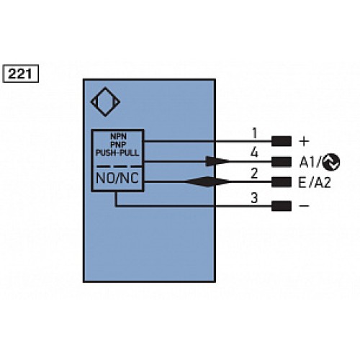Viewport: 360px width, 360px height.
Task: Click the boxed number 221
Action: pos(22,73)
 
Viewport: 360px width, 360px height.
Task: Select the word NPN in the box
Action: pos(117,136)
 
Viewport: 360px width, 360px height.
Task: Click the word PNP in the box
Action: pos(117,145)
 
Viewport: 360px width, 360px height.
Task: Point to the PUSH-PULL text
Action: pos(117,153)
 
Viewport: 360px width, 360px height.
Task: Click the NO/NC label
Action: pos(117,178)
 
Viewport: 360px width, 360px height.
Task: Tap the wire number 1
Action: pos(254,132)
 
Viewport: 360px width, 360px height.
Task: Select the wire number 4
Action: pos(254,153)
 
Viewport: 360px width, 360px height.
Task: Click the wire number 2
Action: pos(254,174)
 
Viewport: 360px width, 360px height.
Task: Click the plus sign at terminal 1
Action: pos(303,140)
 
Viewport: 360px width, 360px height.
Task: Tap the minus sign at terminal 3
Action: pos(304,206)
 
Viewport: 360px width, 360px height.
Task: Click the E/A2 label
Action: pos(314,183)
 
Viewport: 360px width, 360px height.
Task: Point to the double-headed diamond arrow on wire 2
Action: pos(205,182)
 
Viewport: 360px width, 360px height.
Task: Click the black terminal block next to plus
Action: pos(281,141)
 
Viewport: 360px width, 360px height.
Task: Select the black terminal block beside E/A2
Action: pos(281,183)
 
